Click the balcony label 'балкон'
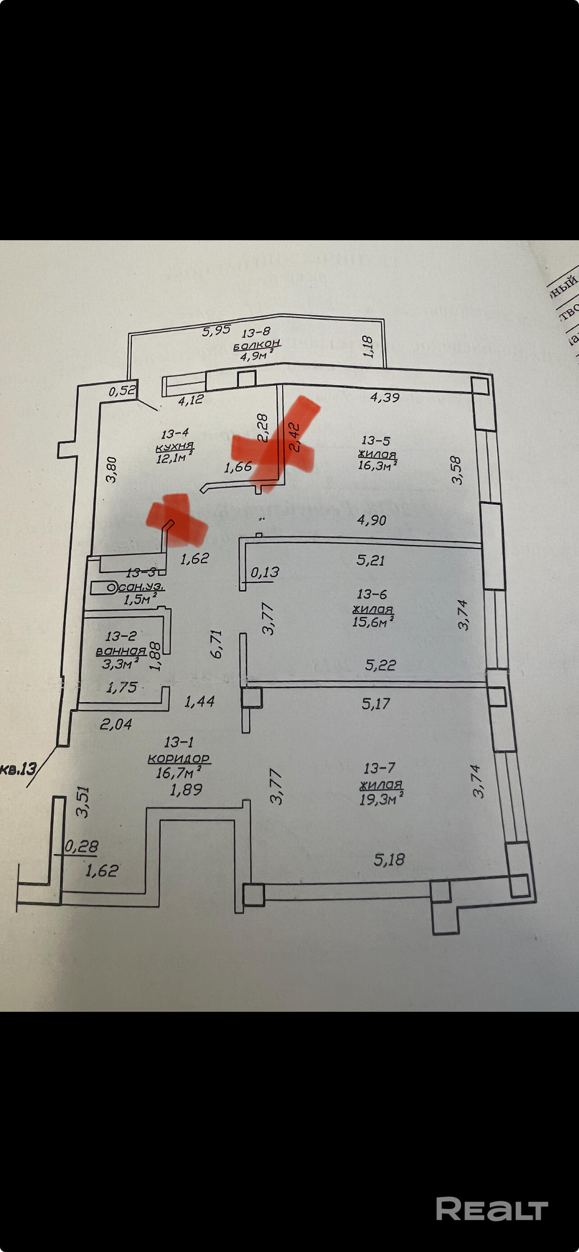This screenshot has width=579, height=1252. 257,345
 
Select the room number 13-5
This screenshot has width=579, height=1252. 376,440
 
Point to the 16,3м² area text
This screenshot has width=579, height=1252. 377,466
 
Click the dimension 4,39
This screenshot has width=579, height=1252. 385,398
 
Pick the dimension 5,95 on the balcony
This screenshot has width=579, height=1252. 216,330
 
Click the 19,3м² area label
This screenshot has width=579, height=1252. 381,799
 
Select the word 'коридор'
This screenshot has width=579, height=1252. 179,758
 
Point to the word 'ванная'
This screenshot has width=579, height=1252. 121,650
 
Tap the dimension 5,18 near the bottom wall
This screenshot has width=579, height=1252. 389,859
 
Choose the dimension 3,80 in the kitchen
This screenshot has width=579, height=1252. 111,469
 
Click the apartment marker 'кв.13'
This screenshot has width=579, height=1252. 18,768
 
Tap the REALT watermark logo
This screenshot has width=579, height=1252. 492,1209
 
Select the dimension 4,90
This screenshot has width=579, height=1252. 372,520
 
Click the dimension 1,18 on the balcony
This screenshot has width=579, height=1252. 368,347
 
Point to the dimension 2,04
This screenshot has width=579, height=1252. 116,724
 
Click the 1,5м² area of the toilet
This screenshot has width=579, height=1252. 139,599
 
